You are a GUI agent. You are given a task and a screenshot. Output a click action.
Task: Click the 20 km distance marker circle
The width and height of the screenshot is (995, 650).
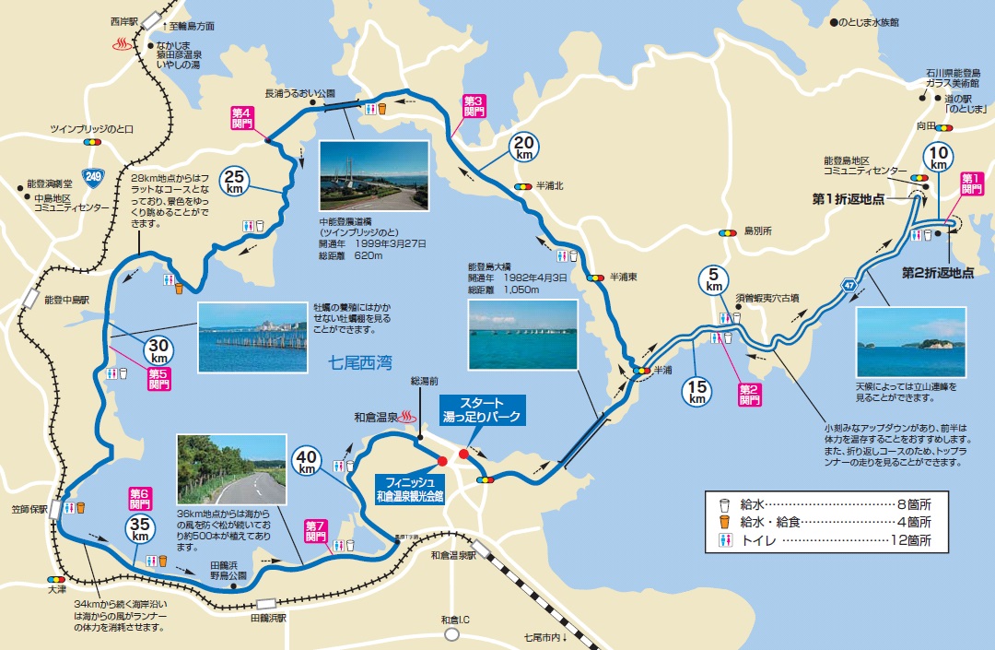[524, 147]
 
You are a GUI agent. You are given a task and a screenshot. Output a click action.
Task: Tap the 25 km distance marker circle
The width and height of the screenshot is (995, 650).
[233, 180]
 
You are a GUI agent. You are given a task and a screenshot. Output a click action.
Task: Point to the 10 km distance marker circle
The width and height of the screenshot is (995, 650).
[939, 159]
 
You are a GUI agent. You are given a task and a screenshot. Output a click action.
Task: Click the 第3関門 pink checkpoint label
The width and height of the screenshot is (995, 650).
[474, 105]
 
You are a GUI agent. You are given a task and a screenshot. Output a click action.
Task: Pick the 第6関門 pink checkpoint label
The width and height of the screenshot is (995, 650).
[140, 499]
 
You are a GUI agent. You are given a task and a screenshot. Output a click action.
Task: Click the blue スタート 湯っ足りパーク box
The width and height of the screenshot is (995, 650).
[481, 410]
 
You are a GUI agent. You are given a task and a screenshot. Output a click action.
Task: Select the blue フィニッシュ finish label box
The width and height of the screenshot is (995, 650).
[409, 487]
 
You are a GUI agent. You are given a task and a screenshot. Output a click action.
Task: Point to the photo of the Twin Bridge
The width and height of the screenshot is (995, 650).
[373, 177]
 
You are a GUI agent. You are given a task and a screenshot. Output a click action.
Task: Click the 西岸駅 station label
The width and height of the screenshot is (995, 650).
[123, 19]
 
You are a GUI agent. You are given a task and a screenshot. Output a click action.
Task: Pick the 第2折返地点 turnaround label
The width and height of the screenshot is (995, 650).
[937, 272]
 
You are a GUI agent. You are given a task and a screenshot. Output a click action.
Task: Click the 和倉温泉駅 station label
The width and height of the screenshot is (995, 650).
[453, 556]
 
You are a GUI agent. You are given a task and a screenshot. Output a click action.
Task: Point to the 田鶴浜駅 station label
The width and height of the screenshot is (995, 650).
[268, 619]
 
